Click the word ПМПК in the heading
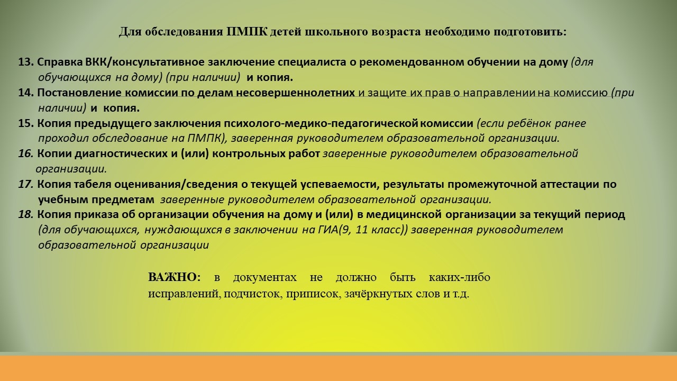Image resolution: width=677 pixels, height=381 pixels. [x=247, y=32]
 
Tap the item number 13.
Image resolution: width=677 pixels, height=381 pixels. [x=26, y=62]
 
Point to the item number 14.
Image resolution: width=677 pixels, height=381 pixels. [x=26, y=93]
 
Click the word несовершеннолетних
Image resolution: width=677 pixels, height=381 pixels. [x=295, y=93]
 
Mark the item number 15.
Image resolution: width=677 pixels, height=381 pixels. [x=26, y=123]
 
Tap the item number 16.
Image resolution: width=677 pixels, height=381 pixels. [x=26, y=153]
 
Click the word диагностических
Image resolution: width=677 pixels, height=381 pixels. [x=121, y=154]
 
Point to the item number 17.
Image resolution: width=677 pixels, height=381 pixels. [x=26, y=184]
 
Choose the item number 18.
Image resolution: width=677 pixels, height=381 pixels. [x=26, y=215]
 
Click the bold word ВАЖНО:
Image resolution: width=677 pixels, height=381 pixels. [x=174, y=277]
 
